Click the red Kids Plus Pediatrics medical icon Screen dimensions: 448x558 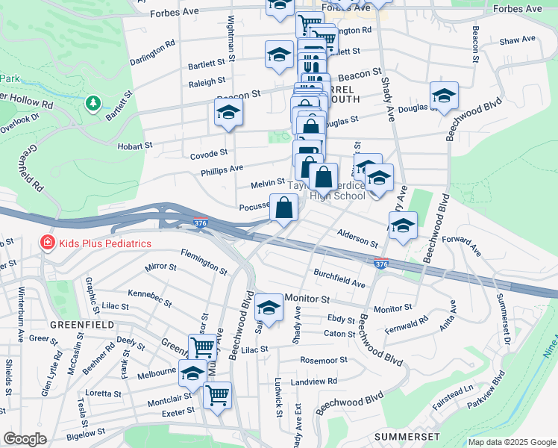click(x=47, y=243)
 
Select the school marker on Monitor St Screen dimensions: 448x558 click(x=269, y=308)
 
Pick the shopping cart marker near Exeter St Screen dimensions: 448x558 click(x=217, y=395)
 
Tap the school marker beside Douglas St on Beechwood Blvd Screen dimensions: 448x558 click(x=444, y=96)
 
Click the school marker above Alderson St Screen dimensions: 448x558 click(x=403, y=225)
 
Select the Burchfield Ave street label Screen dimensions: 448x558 click(x=339, y=278)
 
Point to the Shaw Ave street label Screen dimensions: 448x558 click(x=518, y=39)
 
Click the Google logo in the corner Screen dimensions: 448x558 click(x=25, y=439)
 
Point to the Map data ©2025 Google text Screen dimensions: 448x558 click(x=512, y=442)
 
